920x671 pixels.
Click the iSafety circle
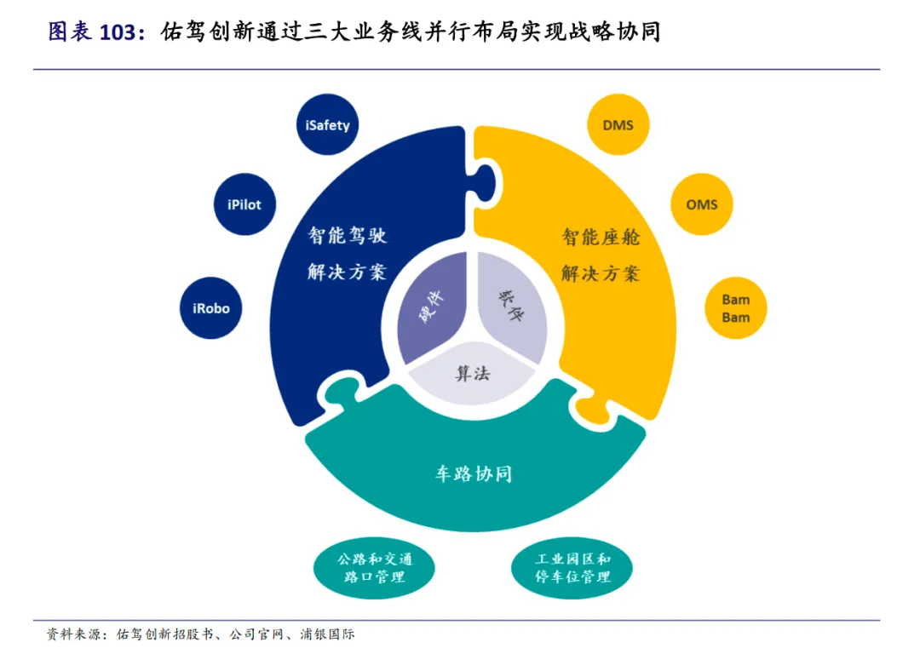coord(328,124)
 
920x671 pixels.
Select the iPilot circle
coord(244,204)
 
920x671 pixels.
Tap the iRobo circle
coord(211,308)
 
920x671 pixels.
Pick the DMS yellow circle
coord(618,124)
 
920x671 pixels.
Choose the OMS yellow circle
coord(702,204)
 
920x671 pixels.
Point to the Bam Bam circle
coord(736,308)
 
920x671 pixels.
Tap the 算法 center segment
coord(473,371)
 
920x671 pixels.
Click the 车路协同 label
coord(474,473)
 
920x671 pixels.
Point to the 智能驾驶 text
coord(348,236)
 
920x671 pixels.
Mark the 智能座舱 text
coord(601,236)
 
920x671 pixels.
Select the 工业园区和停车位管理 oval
coord(572,569)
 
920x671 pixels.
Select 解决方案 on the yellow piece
coord(601,273)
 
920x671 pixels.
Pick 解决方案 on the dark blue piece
coord(348,272)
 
